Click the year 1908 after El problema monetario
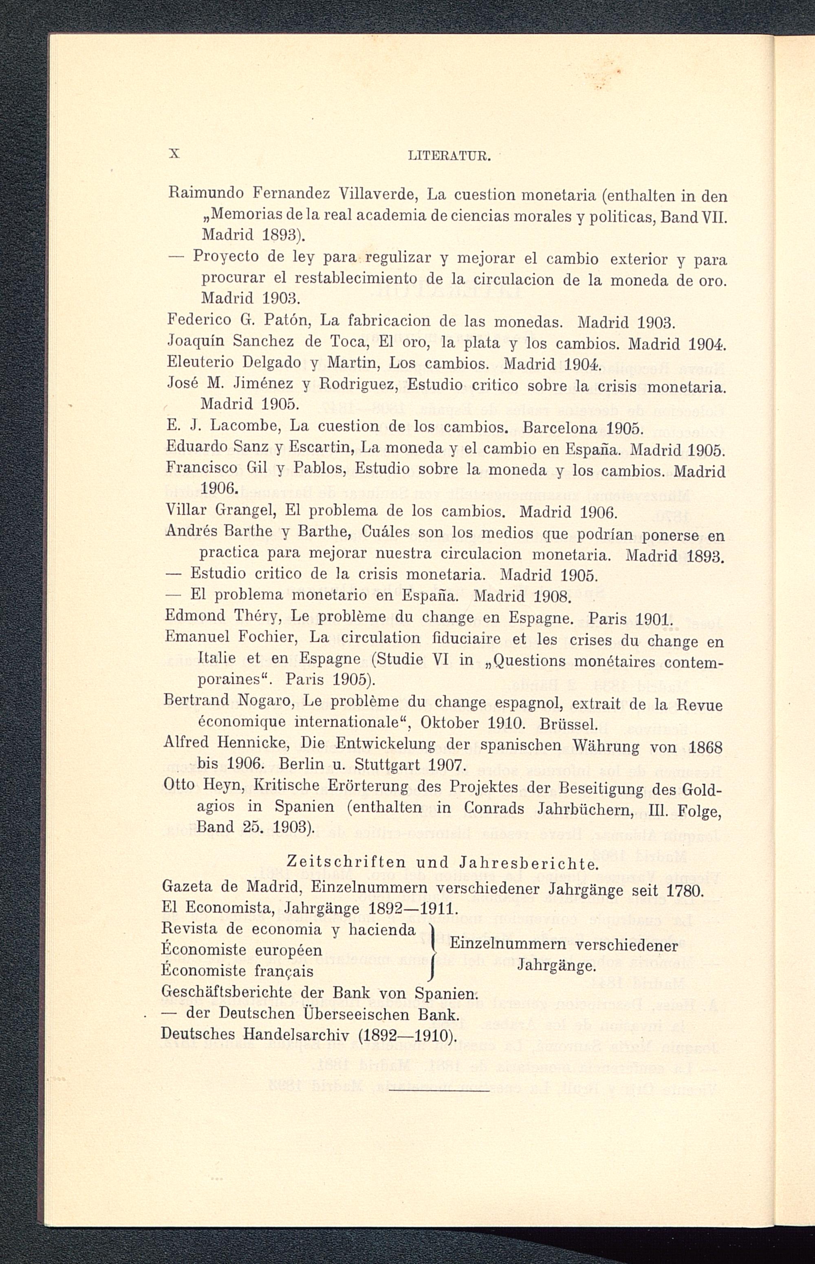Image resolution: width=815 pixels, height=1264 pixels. point(551,597)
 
